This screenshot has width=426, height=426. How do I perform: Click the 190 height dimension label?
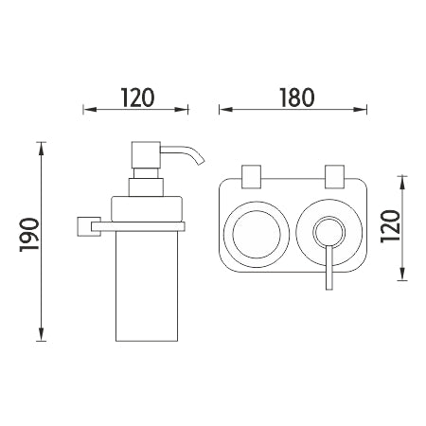(29, 235)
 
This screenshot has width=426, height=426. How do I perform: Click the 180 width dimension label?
(297, 98)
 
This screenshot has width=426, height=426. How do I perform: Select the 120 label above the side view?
(137, 98)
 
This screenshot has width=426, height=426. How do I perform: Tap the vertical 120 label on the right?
(390, 226)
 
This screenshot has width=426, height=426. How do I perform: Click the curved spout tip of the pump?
(201, 162)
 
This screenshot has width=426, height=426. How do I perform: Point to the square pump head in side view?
(146, 155)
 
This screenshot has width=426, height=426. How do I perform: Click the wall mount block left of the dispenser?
(89, 226)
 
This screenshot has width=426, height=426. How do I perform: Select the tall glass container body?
(147, 286)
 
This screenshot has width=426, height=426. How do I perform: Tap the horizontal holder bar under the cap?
(138, 226)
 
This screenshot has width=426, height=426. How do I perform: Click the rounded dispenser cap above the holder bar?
(147, 209)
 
